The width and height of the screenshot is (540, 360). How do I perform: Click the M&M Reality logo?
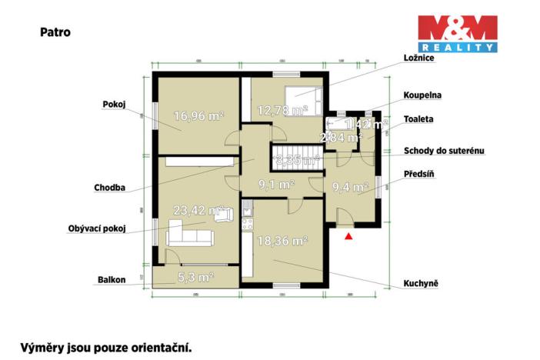[457, 34]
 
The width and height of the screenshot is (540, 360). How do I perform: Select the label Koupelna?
[422, 95]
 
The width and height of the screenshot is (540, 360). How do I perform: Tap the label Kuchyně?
[421, 283]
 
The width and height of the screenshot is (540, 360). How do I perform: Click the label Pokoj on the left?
[114, 104]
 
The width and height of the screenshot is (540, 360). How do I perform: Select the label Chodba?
[111, 186]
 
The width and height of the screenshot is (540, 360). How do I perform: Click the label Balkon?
[111, 280]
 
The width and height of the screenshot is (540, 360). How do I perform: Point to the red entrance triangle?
[348, 237]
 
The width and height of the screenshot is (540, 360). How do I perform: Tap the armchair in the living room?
[223, 215]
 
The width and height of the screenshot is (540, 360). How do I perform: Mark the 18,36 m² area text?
[283, 241]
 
